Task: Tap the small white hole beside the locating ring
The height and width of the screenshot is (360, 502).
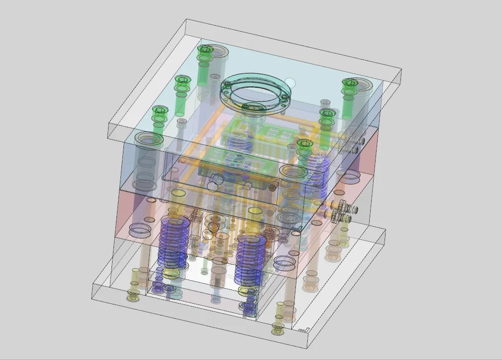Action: click(290, 82)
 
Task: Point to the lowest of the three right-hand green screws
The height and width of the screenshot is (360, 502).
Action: click(304, 144)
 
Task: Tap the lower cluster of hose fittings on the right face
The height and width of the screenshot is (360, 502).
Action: click(343, 211)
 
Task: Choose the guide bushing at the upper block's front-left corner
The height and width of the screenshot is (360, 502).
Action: click(148, 141)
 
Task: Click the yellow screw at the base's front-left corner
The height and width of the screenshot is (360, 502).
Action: click(133, 297)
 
